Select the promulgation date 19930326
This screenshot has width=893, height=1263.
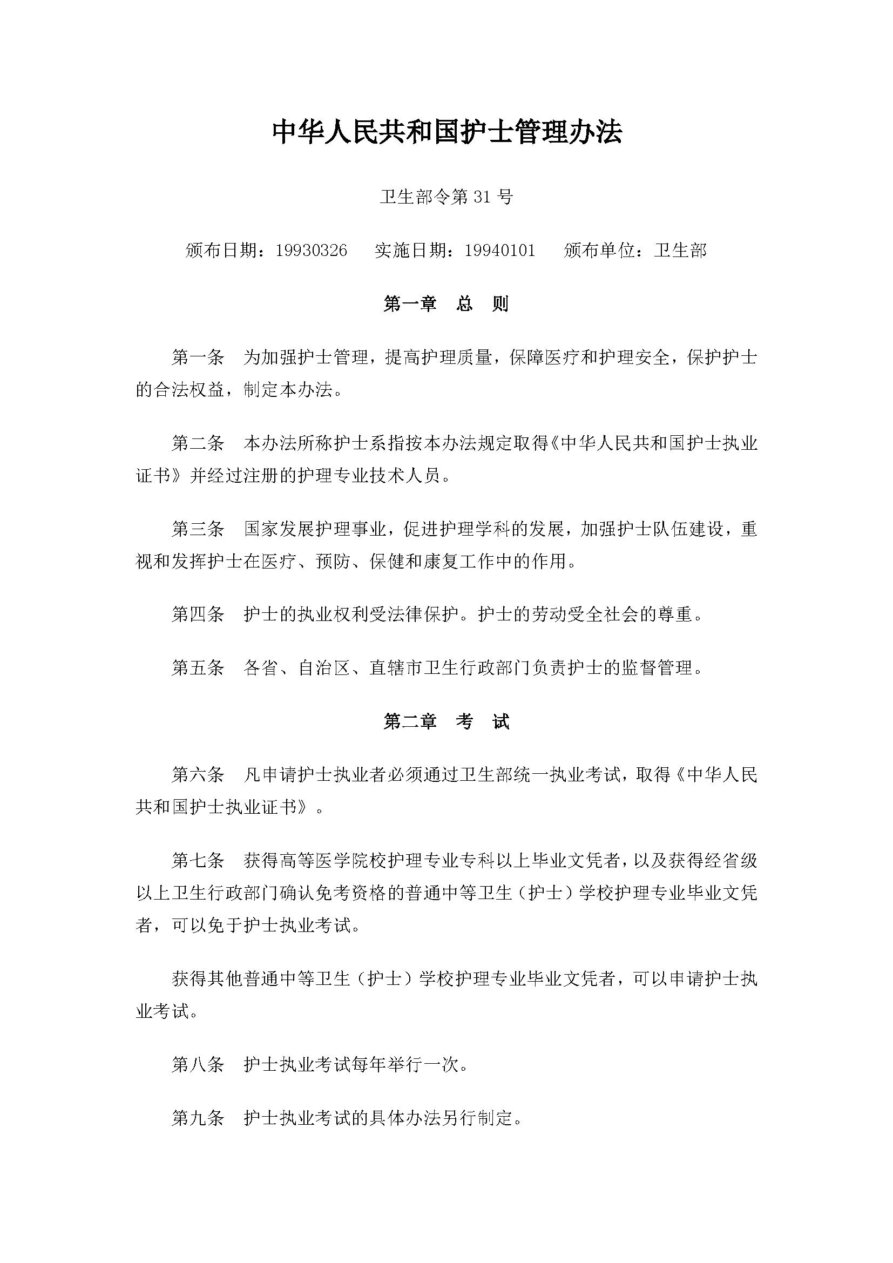click(x=311, y=251)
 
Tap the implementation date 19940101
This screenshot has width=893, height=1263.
click(x=500, y=251)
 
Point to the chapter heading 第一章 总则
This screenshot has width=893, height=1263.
click(x=446, y=303)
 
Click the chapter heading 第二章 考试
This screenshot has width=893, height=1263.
click(x=446, y=721)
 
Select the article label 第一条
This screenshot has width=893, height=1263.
click(x=198, y=358)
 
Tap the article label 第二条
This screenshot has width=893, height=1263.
click(x=198, y=443)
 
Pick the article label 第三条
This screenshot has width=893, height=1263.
click(x=198, y=529)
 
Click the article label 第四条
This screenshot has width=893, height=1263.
click(x=198, y=614)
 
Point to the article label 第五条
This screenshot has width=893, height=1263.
click(x=198, y=668)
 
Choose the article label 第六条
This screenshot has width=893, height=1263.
click(x=198, y=775)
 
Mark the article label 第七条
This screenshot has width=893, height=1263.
click(x=198, y=860)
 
